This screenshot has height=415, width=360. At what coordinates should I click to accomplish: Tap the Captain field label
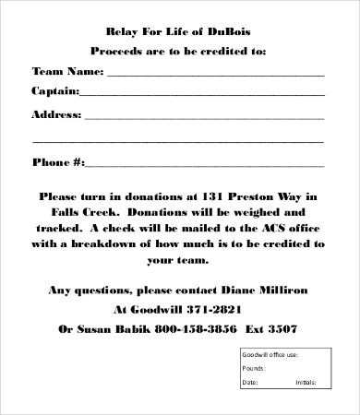55,91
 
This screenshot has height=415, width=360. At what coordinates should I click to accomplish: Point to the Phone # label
58,163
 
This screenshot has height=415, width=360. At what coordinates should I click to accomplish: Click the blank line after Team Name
215,74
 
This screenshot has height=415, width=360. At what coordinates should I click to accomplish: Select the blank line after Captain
202,94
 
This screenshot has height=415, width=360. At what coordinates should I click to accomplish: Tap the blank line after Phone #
205,166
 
